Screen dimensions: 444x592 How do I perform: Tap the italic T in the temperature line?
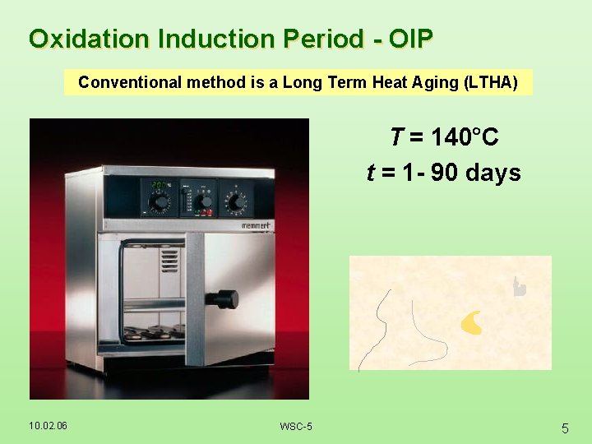coord(396,136)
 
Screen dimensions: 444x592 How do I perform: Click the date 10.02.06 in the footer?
coord(48,425)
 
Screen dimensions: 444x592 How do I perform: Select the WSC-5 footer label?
coord(295,426)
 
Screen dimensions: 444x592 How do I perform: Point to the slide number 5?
coord(565,428)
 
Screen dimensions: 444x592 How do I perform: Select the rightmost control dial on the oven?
coord(236,201)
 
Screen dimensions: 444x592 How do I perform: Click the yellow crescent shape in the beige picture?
coord(471,323)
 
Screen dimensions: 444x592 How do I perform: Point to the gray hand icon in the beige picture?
coord(518,286)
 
